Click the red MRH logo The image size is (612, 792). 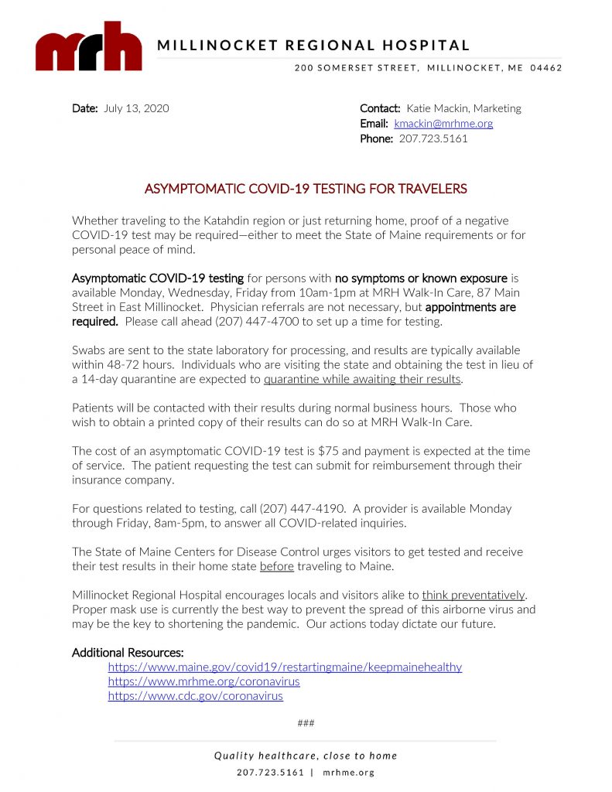coord(88,48)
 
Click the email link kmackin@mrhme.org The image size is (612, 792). coord(443,124)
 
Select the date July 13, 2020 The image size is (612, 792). coord(136,108)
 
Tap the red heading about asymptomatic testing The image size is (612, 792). coord(306,189)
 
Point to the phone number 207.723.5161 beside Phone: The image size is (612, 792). coord(433,139)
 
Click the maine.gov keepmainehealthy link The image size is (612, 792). coord(285,667)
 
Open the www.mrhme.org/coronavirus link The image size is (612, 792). coord(203,681)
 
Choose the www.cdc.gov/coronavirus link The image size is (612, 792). coord(195,696)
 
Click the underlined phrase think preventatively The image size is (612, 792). coord(474,596)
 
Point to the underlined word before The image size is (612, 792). coord(276,567)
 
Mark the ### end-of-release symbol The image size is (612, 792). coord(306,724)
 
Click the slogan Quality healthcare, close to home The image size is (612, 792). coord(306,756)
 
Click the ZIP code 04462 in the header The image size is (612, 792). coord(546,68)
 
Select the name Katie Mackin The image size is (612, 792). coord(437,108)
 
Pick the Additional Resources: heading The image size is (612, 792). coord(128,653)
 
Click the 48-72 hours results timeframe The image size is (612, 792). coord(144,364)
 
